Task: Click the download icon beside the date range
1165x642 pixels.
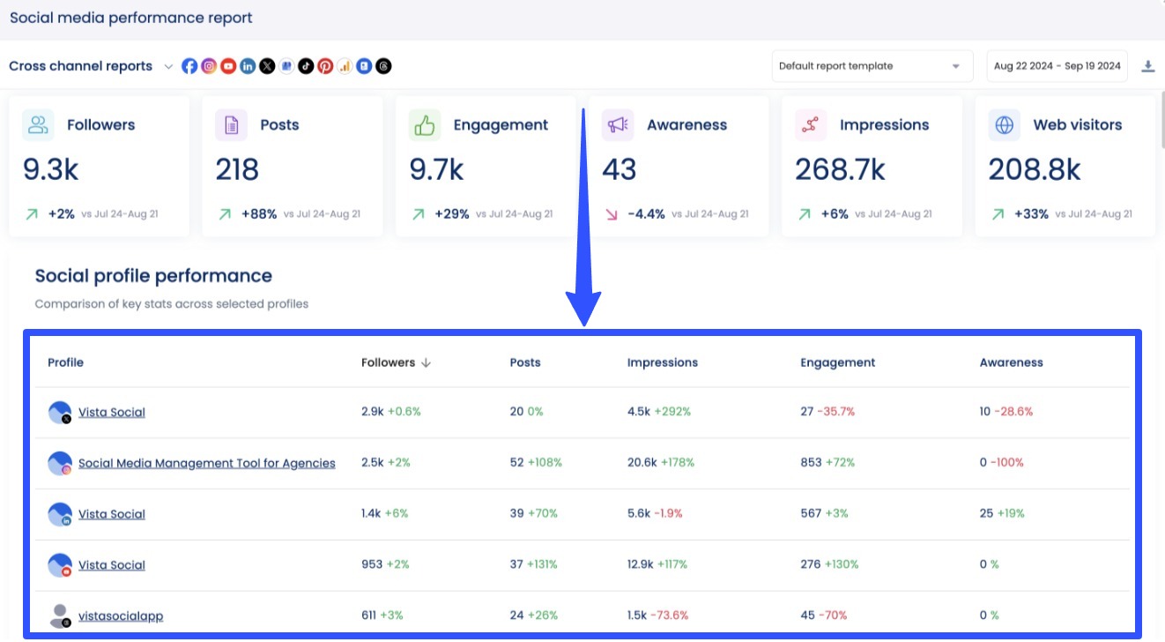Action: (x=1147, y=66)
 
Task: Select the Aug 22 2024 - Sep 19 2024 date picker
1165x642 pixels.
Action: (x=1057, y=66)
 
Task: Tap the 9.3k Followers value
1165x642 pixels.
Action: (x=50, y=168)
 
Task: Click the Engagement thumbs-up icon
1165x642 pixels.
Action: (x=425, y=125)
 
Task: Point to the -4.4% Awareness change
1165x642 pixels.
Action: (x=646, y=213)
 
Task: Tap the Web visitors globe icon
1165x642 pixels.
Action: (x=1004, y=125)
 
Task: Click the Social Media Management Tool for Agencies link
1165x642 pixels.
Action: (x=206, y=463)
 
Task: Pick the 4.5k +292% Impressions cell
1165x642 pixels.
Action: (x=658, y=412)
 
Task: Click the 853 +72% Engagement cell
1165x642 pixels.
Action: (x=827, y=463)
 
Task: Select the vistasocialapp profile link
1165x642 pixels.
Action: (x=121, y=616)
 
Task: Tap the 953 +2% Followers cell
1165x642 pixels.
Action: (x=385, y=565)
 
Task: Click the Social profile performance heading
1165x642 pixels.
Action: (x=153, y=276)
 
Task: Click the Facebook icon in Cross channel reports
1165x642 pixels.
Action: (x=189, y=66)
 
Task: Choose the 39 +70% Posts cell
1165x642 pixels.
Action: (x=533, y=514)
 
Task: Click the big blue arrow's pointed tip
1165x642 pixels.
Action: (x=583, y=324)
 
